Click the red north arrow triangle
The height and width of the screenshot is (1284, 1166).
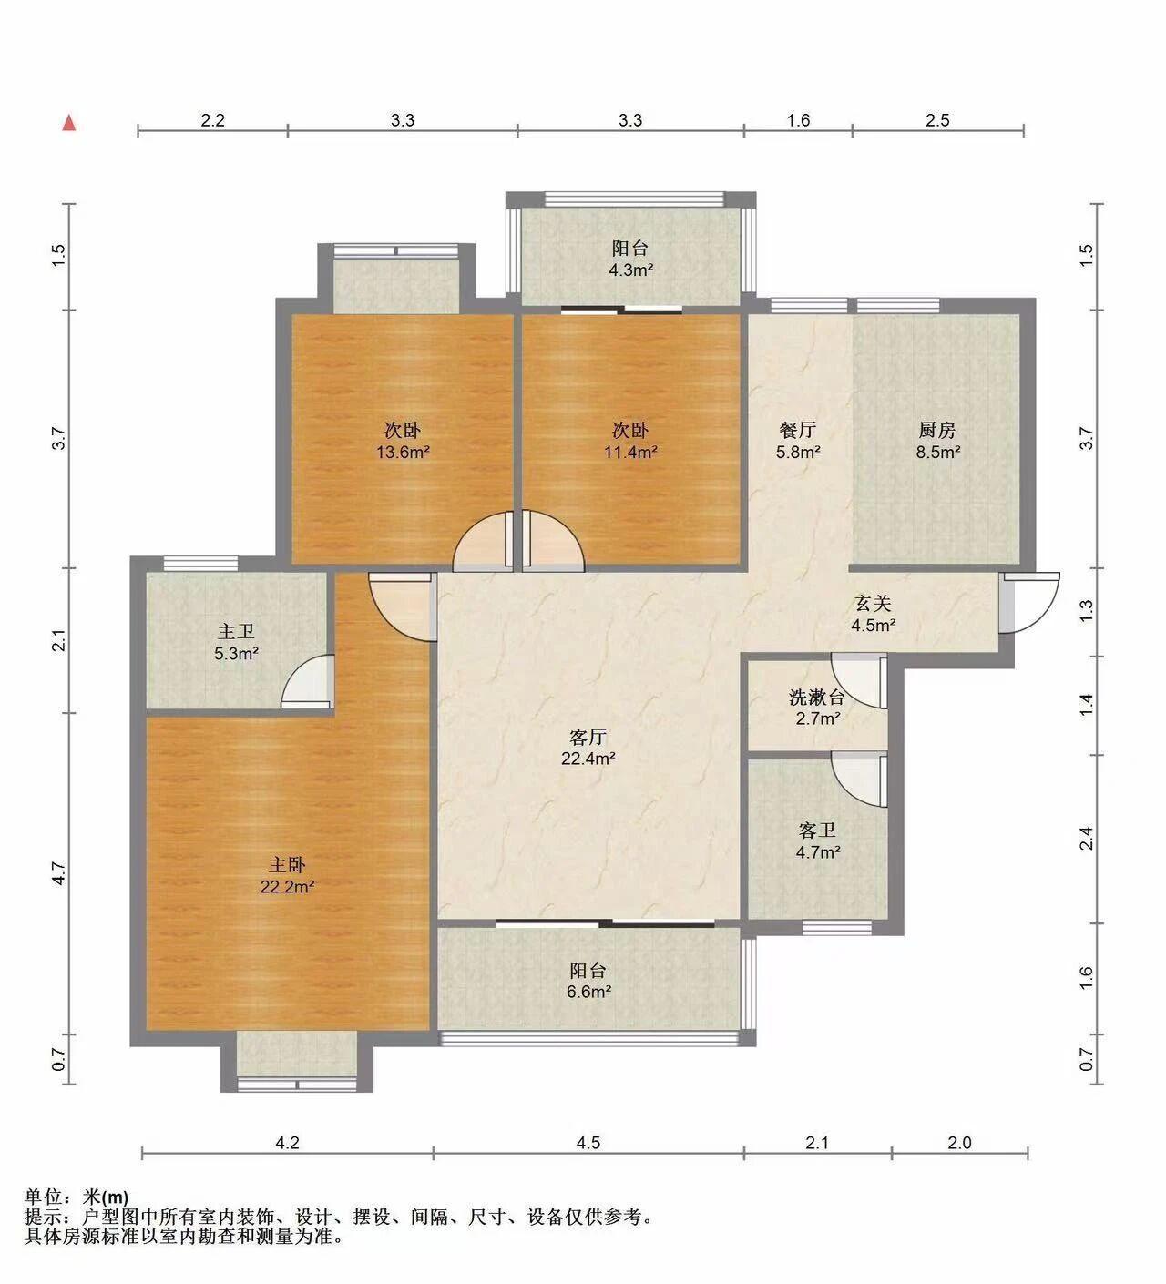pos(68,123)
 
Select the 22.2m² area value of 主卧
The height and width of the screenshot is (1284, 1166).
pos(287,887)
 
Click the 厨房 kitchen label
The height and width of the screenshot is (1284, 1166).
pos(936,430)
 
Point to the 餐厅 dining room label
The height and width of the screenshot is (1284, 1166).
pos(798,430)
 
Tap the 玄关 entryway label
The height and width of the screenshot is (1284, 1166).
pos(873,603)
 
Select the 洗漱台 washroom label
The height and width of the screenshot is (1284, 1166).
pos(817,697)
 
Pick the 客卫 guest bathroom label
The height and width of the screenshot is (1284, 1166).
pos(817,831)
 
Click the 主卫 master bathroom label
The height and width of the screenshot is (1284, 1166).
pos(236,632)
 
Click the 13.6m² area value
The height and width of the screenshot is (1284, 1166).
pos(403,453)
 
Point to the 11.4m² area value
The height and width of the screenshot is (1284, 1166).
pos(630,453)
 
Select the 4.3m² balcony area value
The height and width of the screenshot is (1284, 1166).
pos(630,270)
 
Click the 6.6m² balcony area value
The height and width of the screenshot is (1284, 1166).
pos(588,992)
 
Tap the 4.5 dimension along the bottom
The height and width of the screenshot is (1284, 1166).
pos(588,1143)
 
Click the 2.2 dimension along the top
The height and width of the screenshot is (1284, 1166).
pos(212,120)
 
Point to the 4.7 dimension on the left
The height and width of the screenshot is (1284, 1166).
pos(59,873)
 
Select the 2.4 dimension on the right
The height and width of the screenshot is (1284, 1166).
pos(1087,839)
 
